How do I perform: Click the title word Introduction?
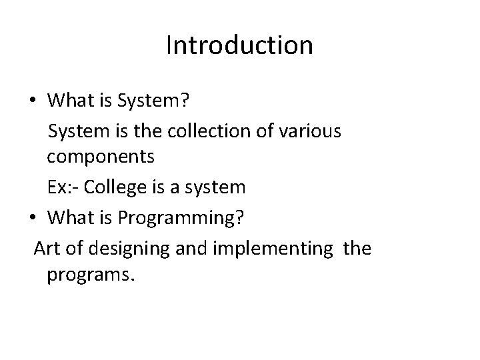(x=239, y=45)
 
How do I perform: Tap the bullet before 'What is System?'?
(x=33, y=101)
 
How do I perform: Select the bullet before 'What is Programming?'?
(x=33, y=217)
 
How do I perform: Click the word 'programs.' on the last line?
(x=91, y=277)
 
